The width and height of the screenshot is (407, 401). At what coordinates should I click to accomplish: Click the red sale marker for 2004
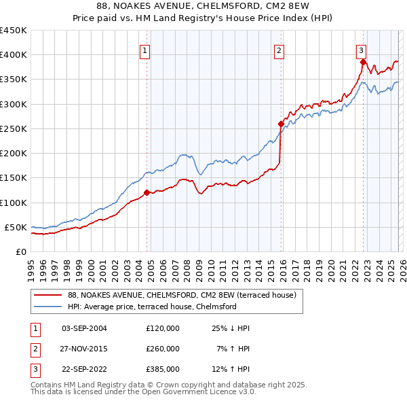(147, 192)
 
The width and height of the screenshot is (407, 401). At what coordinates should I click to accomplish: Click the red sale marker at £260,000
(281, 124)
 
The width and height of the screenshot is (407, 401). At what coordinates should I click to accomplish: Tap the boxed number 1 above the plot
(145, 50)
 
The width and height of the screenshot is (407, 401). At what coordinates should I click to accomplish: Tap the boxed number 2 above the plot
(279, 50)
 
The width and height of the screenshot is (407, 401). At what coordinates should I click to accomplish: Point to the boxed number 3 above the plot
(362, 50)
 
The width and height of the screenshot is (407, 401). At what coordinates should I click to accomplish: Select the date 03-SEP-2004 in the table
(84, 328)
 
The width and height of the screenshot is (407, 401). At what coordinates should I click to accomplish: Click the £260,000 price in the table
(163, 349)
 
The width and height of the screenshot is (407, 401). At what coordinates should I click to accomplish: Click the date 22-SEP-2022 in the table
(84, 369)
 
